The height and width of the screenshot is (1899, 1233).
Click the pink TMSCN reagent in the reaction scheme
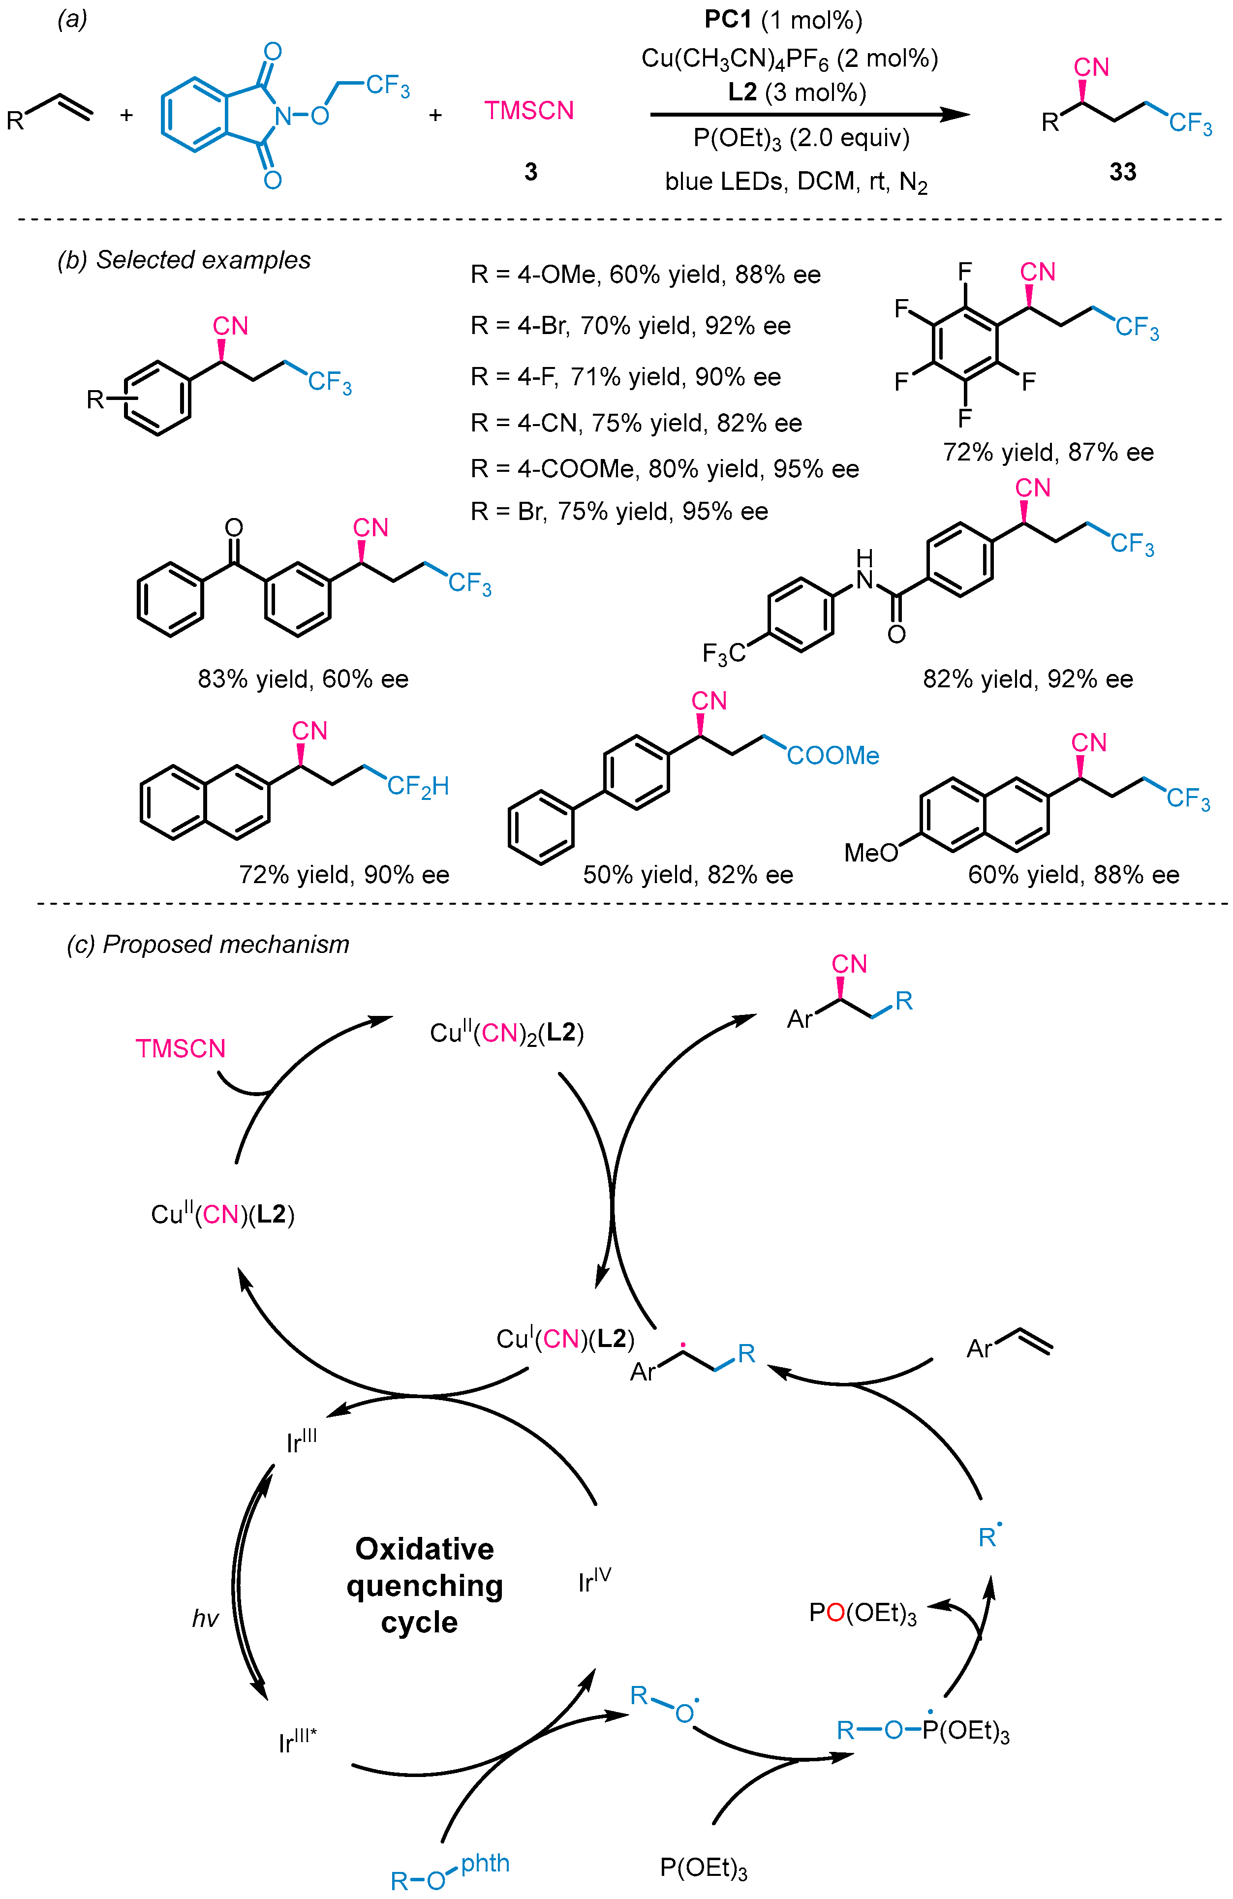(528, 110)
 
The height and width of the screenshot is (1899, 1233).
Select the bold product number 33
(1122, 172)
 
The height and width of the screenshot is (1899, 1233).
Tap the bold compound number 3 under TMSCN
(531, 172)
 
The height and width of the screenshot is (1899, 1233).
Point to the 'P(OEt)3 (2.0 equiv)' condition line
(801, 139)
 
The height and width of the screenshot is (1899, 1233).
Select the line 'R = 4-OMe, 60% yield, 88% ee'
(645, 276)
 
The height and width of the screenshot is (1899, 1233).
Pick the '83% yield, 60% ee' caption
(303, 679)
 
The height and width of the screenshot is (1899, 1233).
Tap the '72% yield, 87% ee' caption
(1048, 453)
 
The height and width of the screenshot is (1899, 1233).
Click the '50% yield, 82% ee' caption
(687, 875)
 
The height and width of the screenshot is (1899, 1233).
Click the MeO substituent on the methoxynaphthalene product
(871, 853)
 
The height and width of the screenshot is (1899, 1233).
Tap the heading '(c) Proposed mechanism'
(208, 944)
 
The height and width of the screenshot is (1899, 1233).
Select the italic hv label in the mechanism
(205, 1618)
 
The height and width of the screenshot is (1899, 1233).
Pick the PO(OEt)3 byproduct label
(862, 1613)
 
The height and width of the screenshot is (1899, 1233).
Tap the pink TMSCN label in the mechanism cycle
(181, 1048)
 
